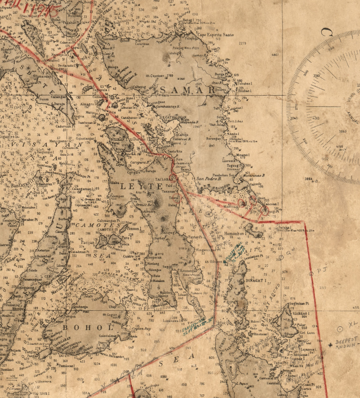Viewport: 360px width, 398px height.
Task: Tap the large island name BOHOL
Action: click(80, 327)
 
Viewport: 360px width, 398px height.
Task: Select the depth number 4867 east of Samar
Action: click(275, 55)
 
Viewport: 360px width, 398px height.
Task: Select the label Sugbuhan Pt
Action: click(300, 304)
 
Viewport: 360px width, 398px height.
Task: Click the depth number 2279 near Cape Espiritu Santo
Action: click(242, 43)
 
